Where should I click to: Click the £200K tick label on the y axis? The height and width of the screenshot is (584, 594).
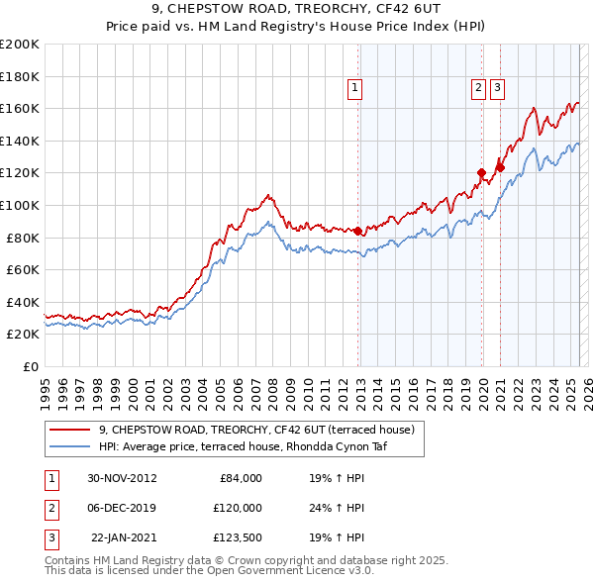(20, 44)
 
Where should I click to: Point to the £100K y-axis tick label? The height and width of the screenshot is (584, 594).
(20, 205)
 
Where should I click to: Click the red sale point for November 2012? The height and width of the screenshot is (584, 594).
(358, 231)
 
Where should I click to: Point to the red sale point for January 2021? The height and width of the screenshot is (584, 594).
(501, 167)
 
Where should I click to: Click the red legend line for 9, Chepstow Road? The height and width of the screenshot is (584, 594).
(69, 430)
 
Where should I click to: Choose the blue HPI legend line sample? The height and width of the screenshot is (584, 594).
(69, 445)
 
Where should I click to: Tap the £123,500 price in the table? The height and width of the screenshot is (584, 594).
(236, 537)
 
